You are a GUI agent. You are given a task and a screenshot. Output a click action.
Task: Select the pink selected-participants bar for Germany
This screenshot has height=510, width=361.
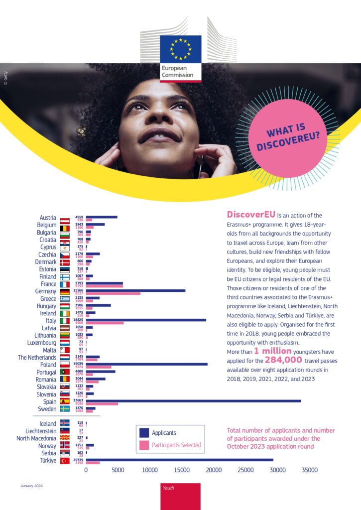click(x=113, y=293)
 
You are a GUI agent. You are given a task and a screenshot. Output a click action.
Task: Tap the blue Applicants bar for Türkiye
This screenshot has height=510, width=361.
click(x=179, y=460)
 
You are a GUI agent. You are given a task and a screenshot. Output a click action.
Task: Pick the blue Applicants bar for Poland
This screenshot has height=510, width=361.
click(x=146, y=364)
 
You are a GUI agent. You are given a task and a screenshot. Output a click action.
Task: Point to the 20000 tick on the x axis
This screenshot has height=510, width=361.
click(x=214, y=470)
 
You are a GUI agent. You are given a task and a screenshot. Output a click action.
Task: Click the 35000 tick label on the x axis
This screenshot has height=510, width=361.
click(x=309, y=470)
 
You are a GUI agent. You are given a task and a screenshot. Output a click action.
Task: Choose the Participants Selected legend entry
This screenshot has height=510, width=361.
click(x=176, y=445)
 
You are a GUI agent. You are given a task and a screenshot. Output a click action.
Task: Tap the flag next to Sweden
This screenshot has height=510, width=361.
click(x=65, y=409)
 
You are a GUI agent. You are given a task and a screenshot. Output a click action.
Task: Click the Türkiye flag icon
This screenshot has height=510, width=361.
click(x=65, y=461)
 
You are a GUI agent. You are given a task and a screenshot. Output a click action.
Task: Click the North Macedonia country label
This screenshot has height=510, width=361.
click(x=36, y=438)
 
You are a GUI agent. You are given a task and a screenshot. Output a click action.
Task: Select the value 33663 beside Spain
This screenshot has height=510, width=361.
click(x=79, y=399)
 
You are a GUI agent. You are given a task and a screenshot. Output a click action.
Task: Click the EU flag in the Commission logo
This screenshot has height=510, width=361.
click(x=181, y=48)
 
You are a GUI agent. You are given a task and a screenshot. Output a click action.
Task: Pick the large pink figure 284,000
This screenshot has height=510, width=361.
click(x=283, y=360)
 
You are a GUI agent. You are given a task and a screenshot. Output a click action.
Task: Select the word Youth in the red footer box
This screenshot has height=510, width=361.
click(x=168, y=488)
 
